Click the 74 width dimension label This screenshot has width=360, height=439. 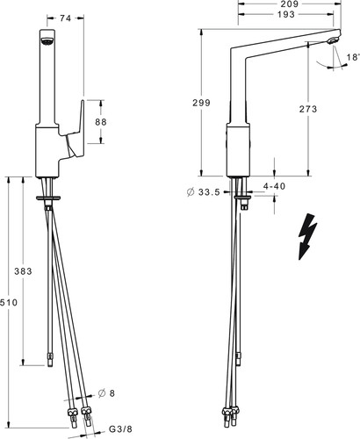(65, 18)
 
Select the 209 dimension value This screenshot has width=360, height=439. (289, 4)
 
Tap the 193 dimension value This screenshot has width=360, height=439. (286, 14)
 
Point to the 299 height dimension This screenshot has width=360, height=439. (201, 103)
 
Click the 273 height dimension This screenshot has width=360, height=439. (308, 109)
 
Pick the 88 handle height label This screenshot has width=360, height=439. (101, 122)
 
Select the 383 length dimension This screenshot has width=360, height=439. (23, 271)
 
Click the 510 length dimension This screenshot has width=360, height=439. (9, 302)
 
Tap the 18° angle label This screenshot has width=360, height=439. (353, 57)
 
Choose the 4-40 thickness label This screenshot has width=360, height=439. (274, 186)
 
